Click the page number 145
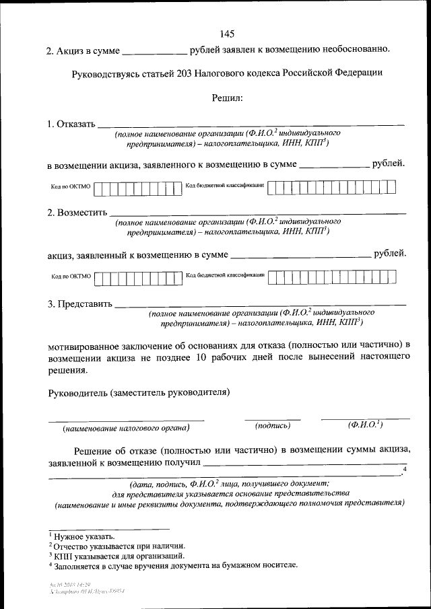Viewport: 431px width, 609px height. [x=227, y=35]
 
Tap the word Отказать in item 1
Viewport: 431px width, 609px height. [x=76, y=124]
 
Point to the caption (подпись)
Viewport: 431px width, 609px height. [x=273, y=426]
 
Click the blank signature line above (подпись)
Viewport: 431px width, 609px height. [x=273, y=419]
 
